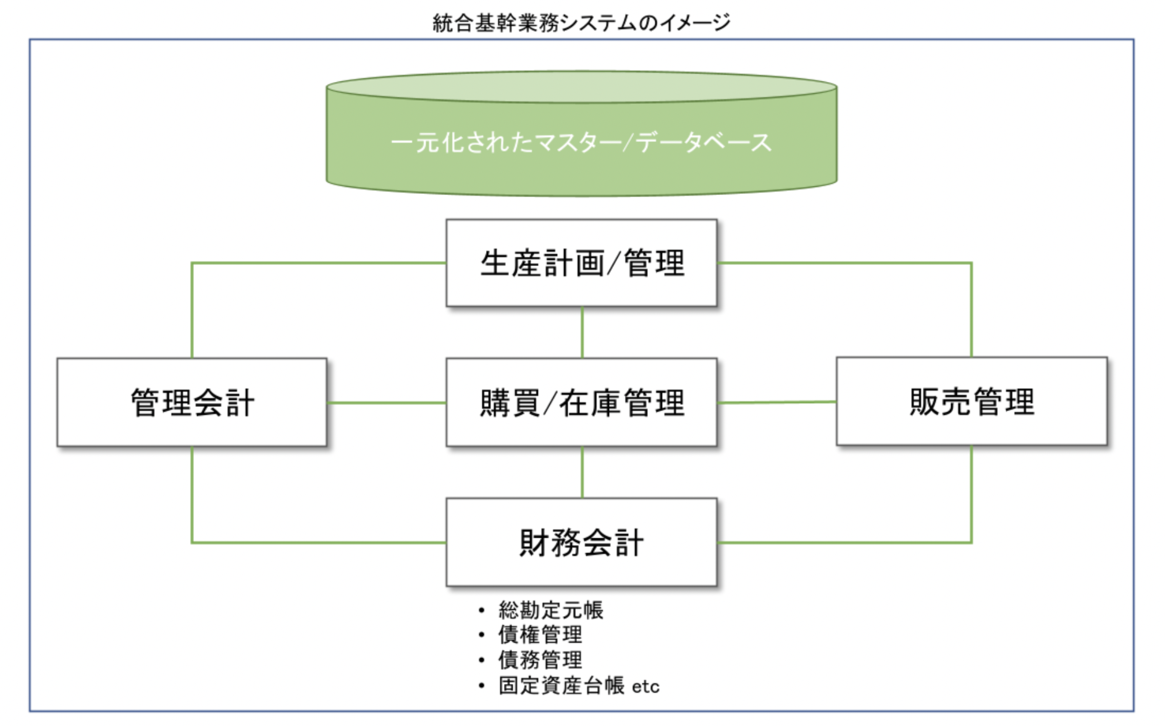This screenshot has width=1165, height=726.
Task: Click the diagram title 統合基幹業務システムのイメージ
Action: click(581, 23)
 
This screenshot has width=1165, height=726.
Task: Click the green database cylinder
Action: click(581, 133)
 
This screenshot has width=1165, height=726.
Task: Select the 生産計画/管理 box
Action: click(581, 263)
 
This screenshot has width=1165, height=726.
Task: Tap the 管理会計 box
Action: click(192, 403)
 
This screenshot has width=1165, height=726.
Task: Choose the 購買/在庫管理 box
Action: click(581, 403)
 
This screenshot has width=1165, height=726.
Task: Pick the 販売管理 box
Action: click(972, 401)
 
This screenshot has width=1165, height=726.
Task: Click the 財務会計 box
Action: click(581, 542)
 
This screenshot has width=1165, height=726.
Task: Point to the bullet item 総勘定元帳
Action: click(551, 610)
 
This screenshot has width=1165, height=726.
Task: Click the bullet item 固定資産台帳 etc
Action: click(579, 686)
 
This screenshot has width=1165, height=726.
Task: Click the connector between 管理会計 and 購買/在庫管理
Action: click(387, 403)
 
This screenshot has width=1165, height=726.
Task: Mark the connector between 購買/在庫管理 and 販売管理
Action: click(777, 402)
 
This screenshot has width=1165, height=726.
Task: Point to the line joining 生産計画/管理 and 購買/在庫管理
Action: click(582, 332)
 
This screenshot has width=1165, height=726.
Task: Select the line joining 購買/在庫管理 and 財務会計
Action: click(582, 472)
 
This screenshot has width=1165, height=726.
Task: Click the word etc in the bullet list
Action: click(646, 686)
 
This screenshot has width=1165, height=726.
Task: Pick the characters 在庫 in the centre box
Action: click(591, 403)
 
